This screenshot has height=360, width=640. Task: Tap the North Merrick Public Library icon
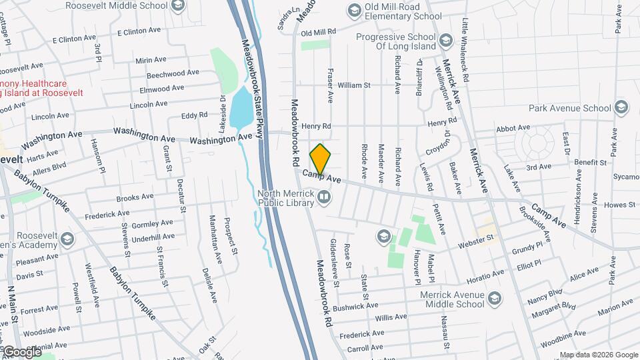[323, 196]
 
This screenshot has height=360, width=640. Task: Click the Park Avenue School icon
[621, 108]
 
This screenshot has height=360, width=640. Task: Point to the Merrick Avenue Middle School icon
[493, 297]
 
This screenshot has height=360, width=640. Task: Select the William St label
[354, 85]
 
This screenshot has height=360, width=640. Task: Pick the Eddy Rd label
[195, 116]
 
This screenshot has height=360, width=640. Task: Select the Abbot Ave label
[513, 130]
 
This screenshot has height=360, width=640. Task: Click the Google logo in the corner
[21, 351]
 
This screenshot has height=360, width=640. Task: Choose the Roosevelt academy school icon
[67, 239]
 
